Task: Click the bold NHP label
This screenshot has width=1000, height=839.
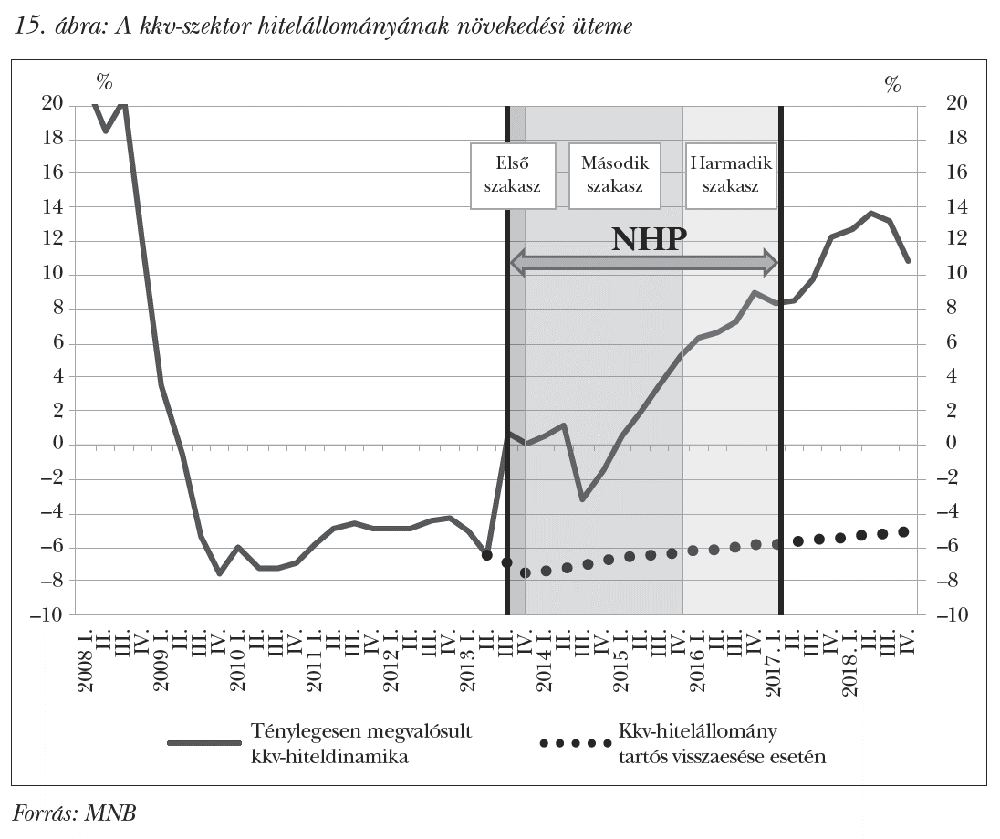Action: click(x=648, y=239)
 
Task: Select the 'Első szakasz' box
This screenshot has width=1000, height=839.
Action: click(x=512, y=174)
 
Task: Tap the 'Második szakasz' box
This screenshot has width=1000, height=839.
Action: click(x=614, y=174)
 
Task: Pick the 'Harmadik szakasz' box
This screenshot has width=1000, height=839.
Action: click(x=731, y=174)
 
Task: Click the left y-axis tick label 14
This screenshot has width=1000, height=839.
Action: click(x=54, y=207)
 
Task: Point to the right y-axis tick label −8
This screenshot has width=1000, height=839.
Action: click(x=939, y=581)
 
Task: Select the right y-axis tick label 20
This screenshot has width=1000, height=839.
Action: click(x=939, y=104)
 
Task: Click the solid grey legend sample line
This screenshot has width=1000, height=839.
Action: click(x=202, y=743)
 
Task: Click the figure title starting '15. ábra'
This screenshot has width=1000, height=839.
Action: click(x=323, y=26)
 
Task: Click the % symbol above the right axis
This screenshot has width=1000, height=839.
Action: click(x=892, y=85)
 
